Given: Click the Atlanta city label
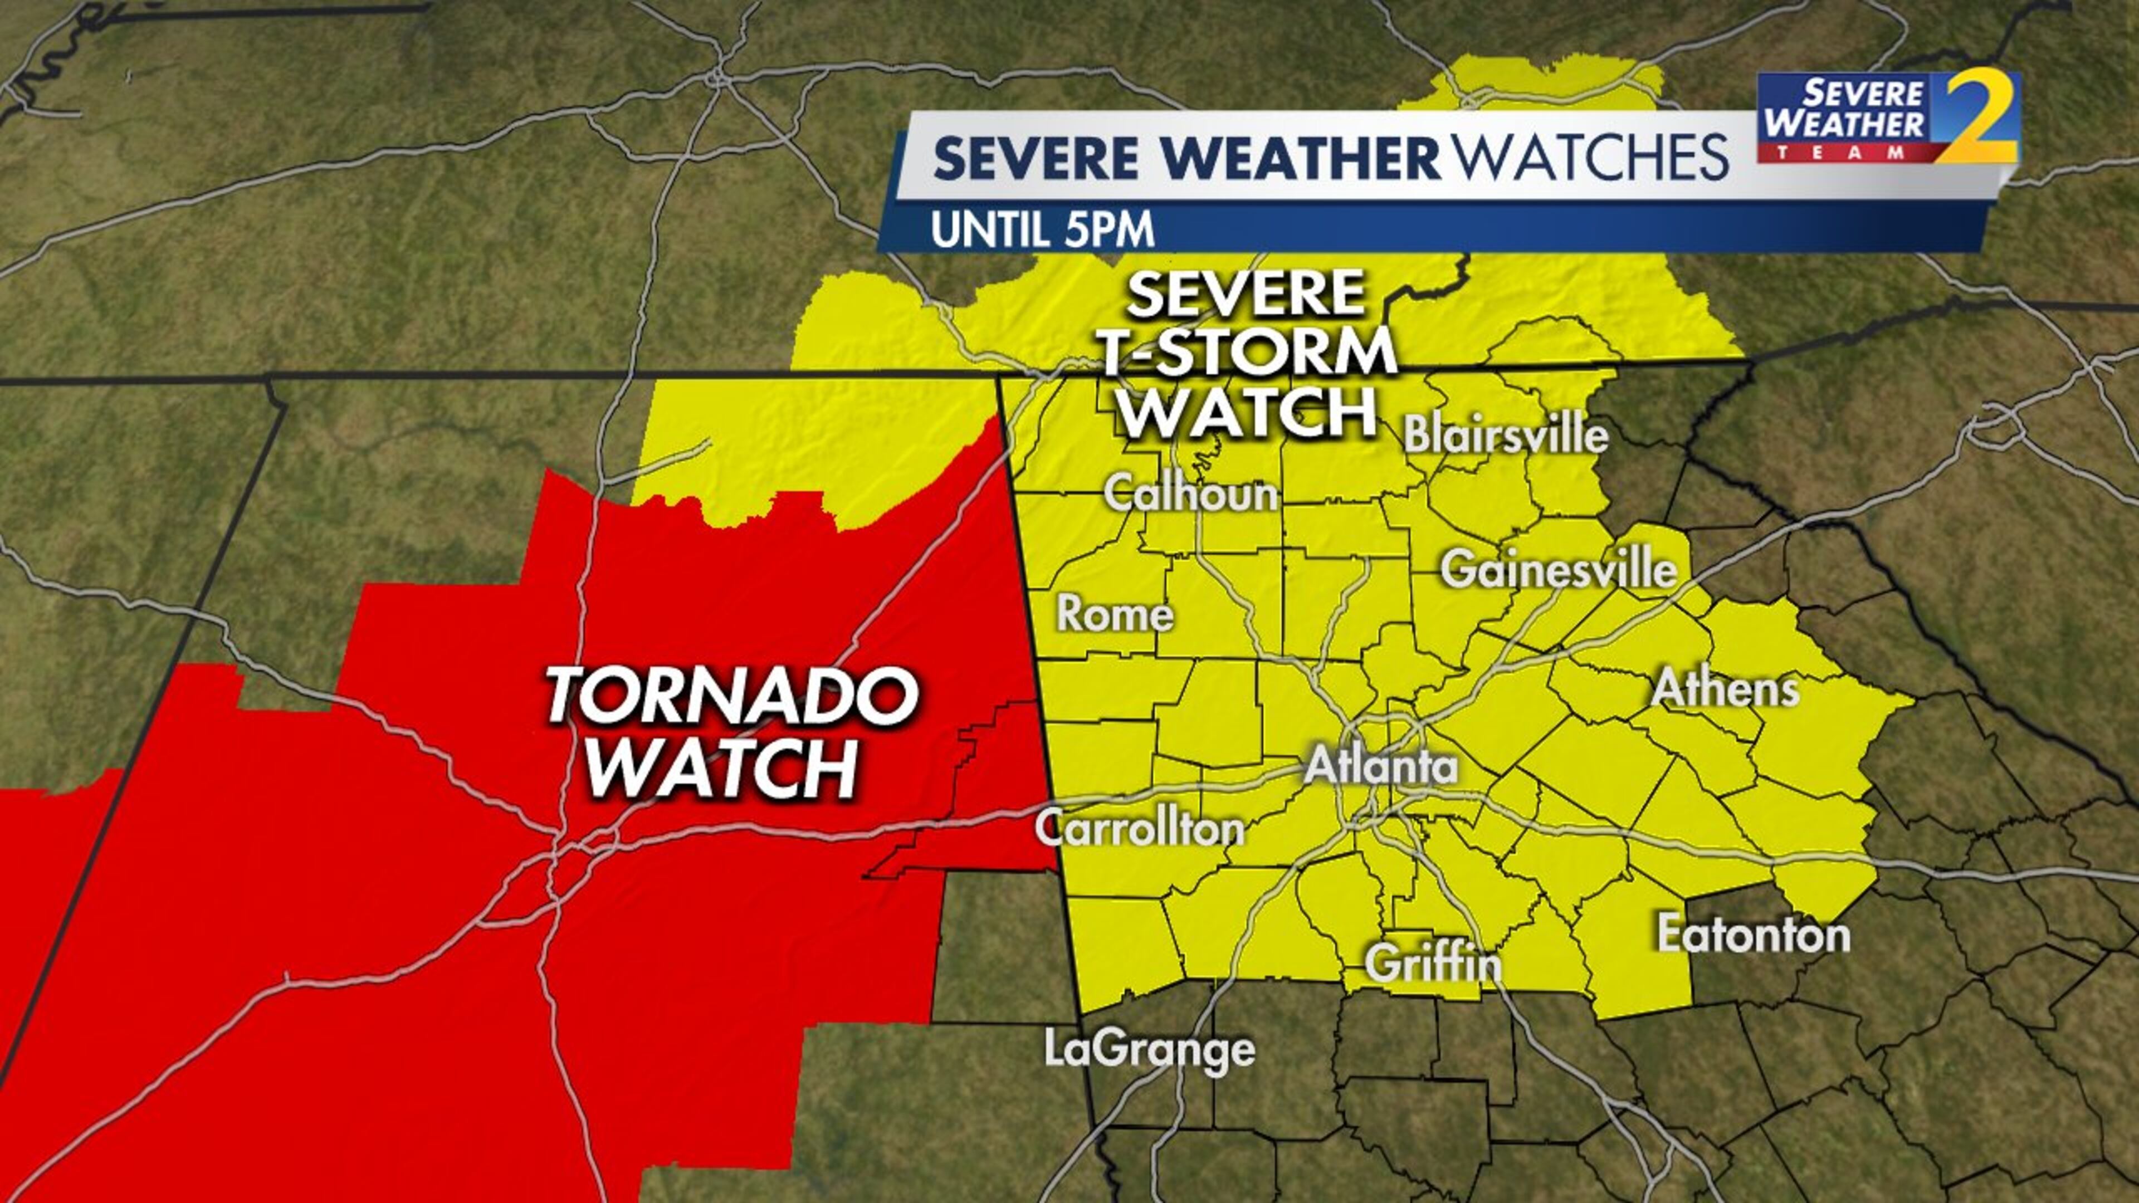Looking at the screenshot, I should [x=1381, y=765].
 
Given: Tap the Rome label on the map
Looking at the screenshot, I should [x=1114, y=614].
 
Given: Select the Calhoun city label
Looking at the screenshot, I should [x=1190, y=494].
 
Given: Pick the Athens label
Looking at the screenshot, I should [x=1725, y=689].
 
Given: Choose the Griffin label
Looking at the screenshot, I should [x=1433, y=963].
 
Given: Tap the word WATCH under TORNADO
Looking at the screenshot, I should [x=721, y=768].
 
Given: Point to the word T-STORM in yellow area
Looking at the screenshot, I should [x=1248, y=352].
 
